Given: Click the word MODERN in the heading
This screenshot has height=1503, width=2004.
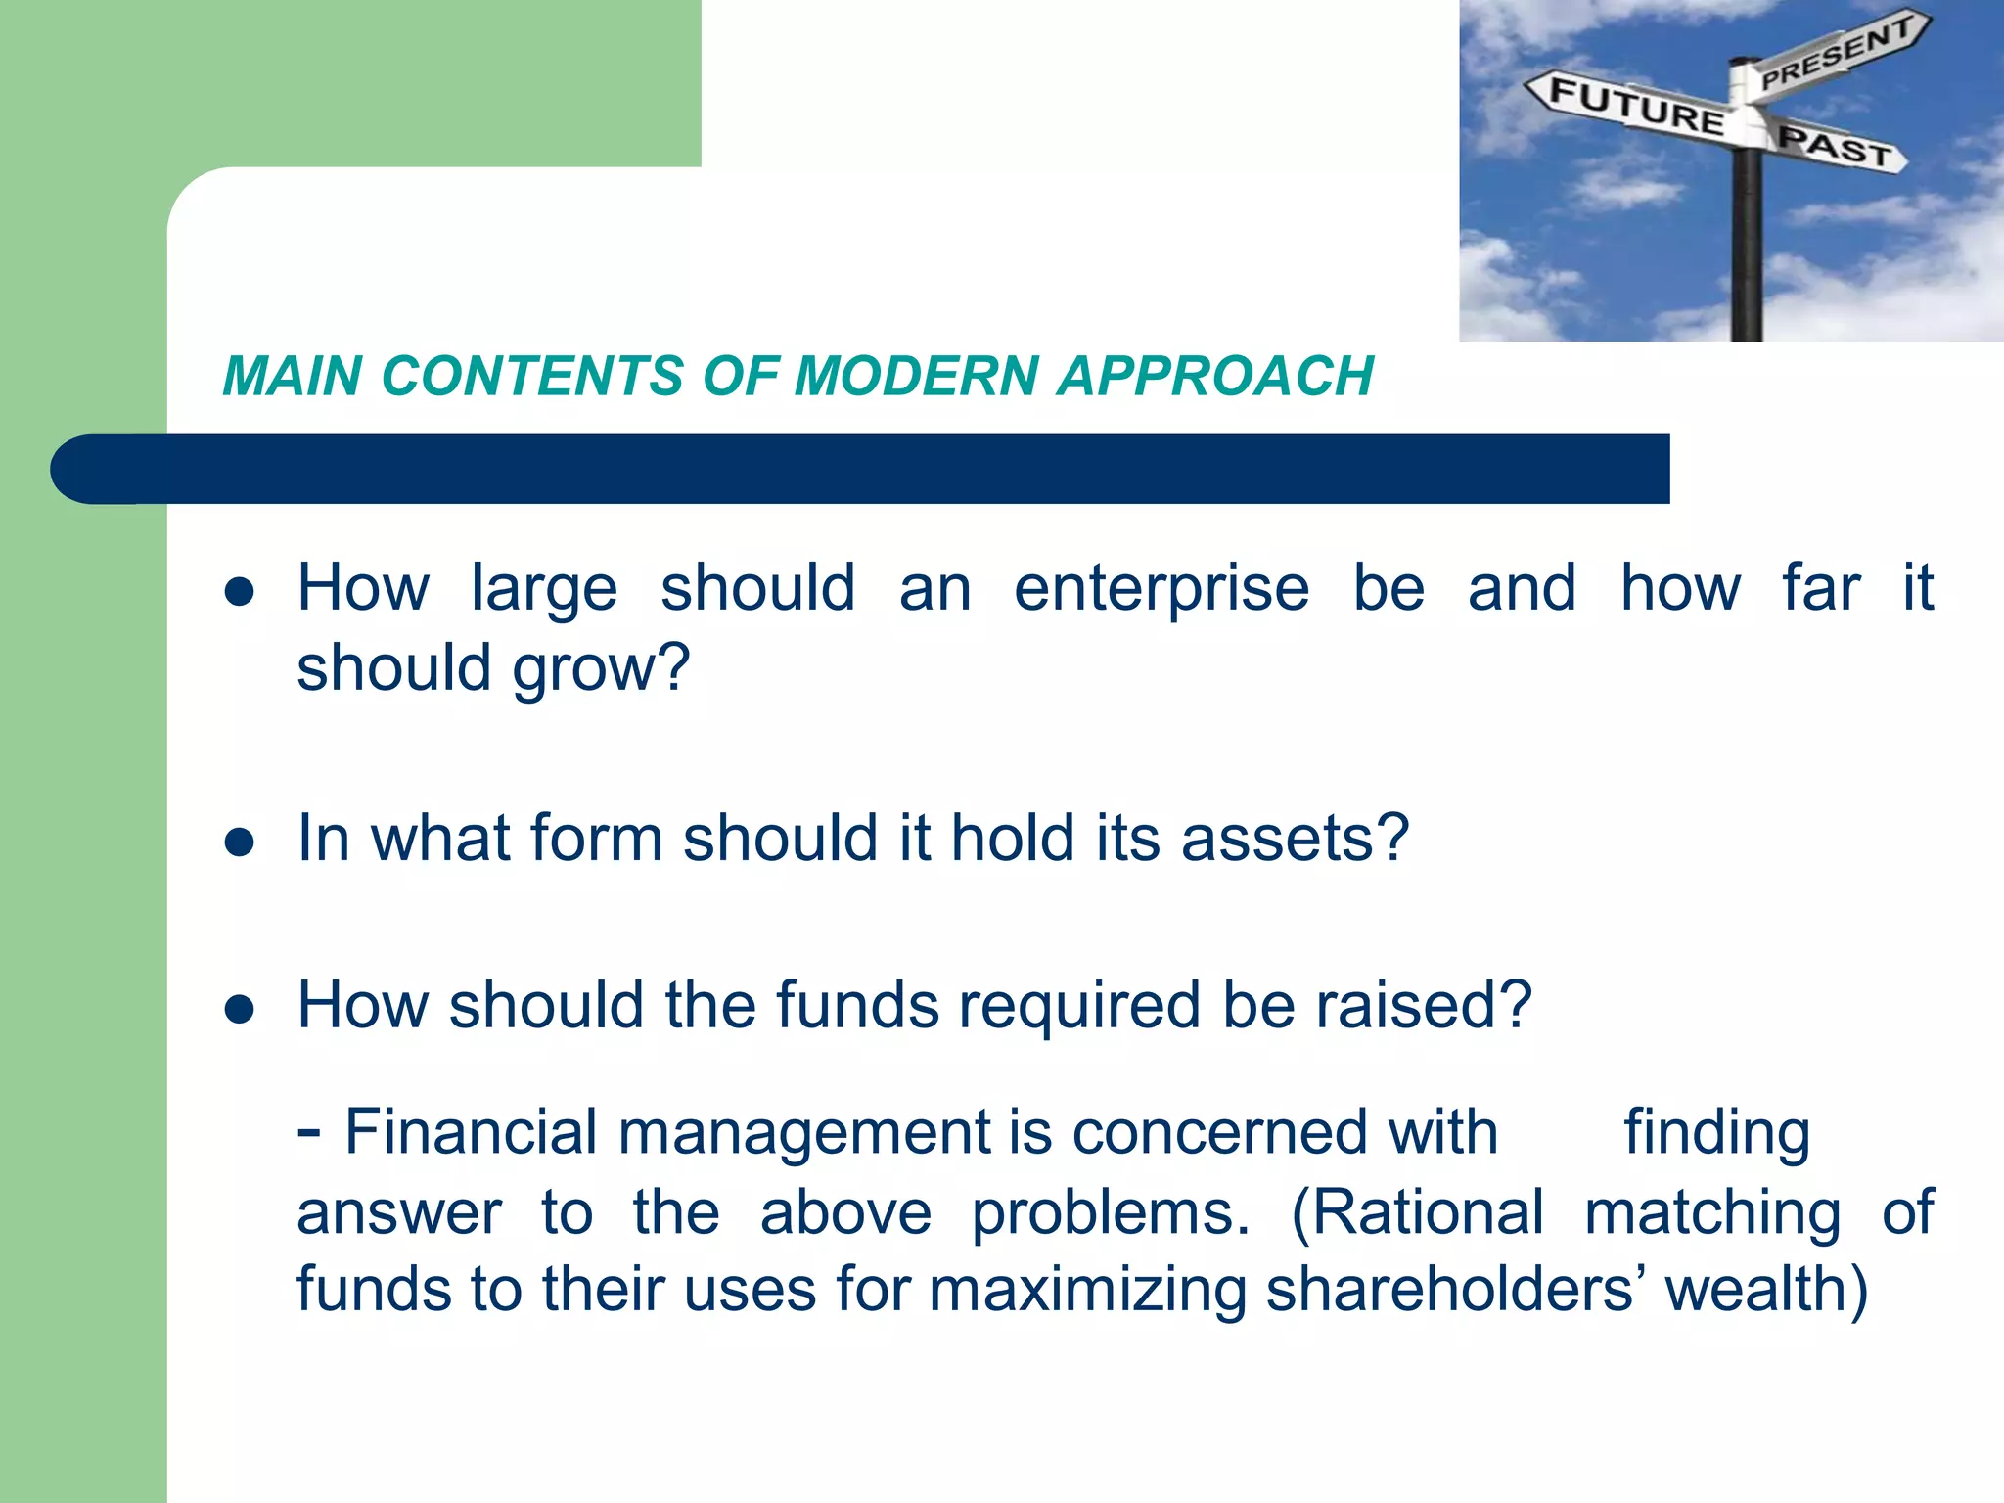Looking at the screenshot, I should pos(916,377).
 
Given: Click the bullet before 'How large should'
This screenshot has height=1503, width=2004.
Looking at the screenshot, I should pos(240,592).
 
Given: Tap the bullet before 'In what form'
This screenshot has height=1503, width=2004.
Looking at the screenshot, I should pos(240,842).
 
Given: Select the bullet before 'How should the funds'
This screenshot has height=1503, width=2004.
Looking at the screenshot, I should pos(240,1009).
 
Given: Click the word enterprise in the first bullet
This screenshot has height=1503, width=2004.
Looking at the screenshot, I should pos(1161,590).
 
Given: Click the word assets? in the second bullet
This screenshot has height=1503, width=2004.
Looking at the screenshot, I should pos(1295,839).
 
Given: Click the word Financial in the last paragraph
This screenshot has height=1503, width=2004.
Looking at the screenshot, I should pos(471,1132).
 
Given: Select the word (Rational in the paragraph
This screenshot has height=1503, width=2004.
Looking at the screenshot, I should pos(1417,1213).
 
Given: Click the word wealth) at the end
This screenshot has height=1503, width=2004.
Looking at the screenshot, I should pos(1766,1290).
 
